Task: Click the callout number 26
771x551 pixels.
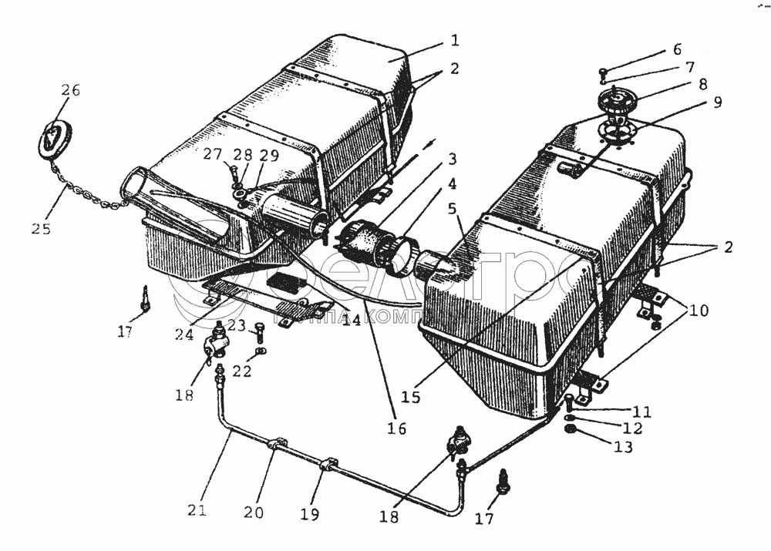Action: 71,91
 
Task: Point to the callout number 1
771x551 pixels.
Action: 455,39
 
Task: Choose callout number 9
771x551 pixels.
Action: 717,102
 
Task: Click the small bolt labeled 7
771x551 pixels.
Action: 603,74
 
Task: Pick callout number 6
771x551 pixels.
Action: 677,49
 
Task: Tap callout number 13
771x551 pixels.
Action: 624,446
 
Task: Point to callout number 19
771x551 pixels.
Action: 312,513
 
